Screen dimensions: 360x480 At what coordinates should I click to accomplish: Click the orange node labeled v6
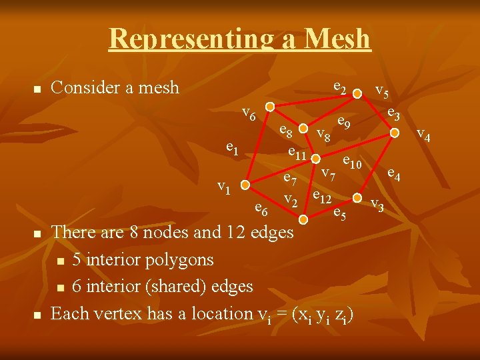click(x=269, y=107)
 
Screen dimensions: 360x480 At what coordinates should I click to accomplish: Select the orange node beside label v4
click(x=395, y=133)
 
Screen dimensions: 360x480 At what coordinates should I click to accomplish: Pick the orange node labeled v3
click(x=357, y=198)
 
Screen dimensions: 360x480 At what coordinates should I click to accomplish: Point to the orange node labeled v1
click(x=245, y=185)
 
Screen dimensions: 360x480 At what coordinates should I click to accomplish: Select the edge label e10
click(x=351, y=161)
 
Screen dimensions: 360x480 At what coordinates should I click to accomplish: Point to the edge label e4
click(x=394, y=174)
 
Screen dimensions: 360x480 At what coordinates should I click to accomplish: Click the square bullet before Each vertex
click(x=37, y=314)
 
